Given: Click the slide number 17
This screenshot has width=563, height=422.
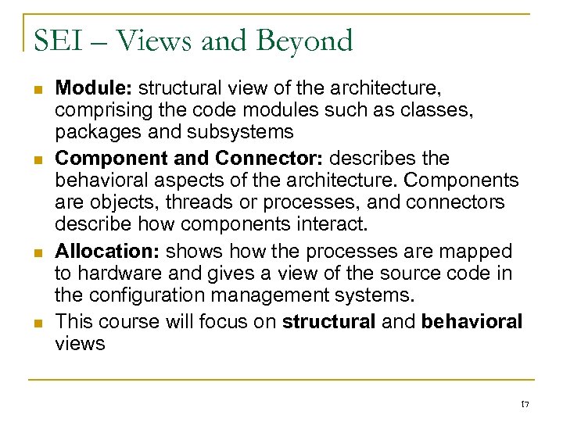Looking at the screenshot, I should click(x=525, y=402).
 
